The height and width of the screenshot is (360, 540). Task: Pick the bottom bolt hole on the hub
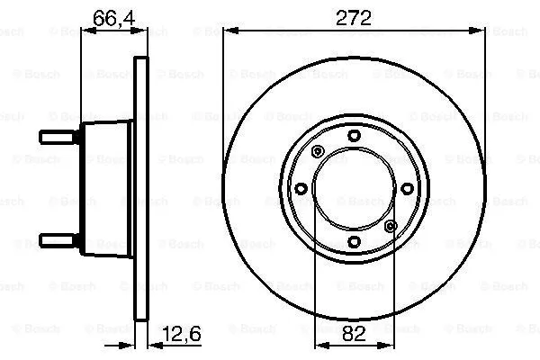tap(354, 241)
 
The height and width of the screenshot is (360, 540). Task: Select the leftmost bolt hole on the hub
tap(301, 188)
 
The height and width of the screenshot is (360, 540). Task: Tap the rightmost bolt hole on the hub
tap(407, 188)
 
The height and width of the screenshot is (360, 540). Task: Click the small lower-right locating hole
tap(391, 226)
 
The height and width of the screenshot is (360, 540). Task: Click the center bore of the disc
tap(354, 188)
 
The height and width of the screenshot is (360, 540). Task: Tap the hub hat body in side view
tap(106, 188)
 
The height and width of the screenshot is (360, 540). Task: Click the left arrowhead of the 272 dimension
tap(226, 30)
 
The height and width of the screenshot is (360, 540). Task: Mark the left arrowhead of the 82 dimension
tap(318, 347)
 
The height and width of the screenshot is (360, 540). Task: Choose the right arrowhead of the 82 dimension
tap(390, 347)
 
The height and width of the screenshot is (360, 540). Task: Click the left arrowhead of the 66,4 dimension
tap(86, 30)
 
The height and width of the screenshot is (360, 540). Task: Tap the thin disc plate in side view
tap(139, 188)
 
